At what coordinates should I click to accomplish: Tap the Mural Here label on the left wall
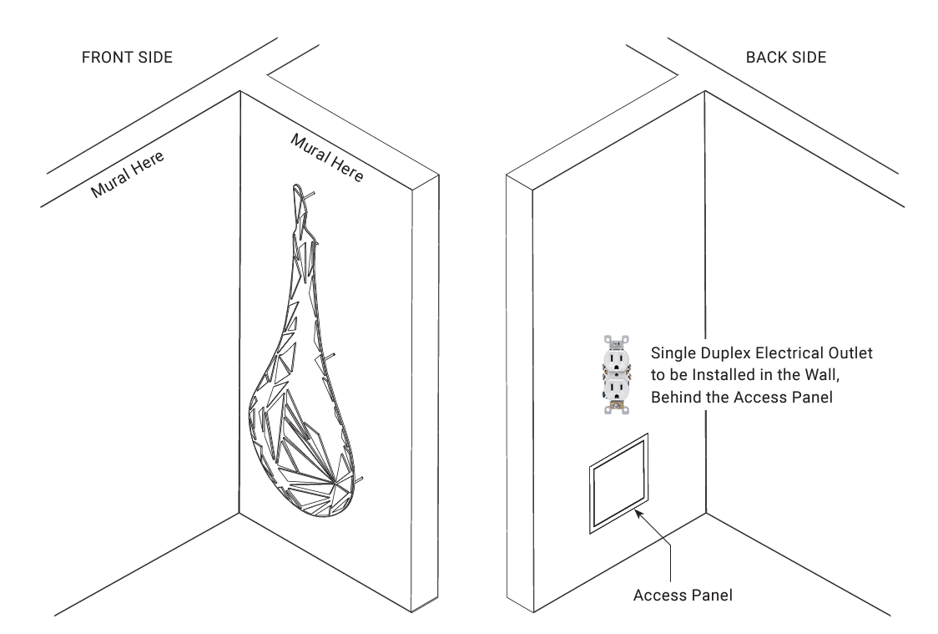[128, 174]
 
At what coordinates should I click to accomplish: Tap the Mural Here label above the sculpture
[326, 156]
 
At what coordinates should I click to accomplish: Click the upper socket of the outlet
[616, 358]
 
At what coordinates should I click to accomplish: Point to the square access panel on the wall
[619, 484]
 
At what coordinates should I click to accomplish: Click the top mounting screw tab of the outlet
[617, 339]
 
